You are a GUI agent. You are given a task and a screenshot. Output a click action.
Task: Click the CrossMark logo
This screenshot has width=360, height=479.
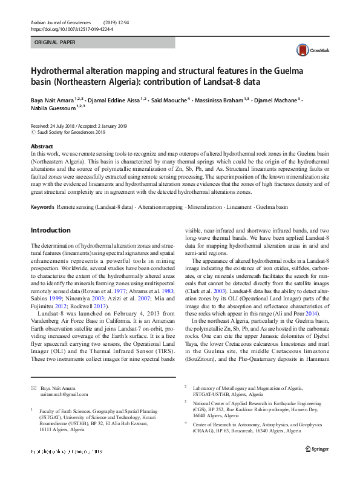[307, 51]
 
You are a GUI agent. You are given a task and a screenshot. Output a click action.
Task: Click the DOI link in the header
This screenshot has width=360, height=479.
[71, 28]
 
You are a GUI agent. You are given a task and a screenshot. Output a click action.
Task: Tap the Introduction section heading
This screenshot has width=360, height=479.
[50, 230]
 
